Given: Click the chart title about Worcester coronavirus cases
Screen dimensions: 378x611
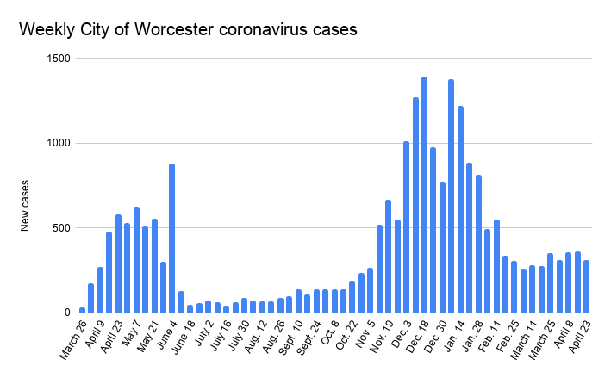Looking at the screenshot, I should coord(188,30).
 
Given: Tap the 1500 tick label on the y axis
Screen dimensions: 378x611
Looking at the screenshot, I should coord(58,59).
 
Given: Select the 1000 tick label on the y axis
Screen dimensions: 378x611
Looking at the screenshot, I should coord(58,143).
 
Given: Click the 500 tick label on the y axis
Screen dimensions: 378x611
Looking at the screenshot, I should coord(60,228).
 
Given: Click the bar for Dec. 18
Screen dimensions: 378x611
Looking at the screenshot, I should coord(424,195).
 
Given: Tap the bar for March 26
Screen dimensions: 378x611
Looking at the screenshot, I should coord(82,310).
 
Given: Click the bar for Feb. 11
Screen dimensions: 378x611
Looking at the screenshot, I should coord(496,266).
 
